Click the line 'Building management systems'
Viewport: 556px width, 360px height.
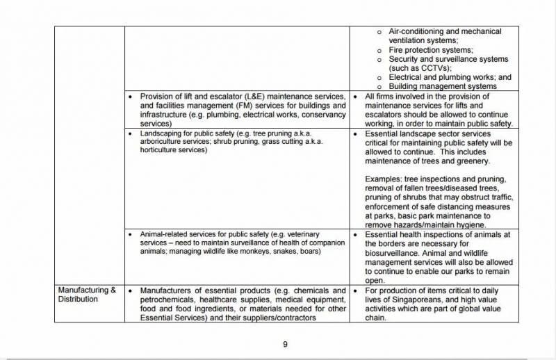442,86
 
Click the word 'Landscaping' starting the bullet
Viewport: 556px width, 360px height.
160,132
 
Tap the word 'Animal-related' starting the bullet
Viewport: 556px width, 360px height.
164,234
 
